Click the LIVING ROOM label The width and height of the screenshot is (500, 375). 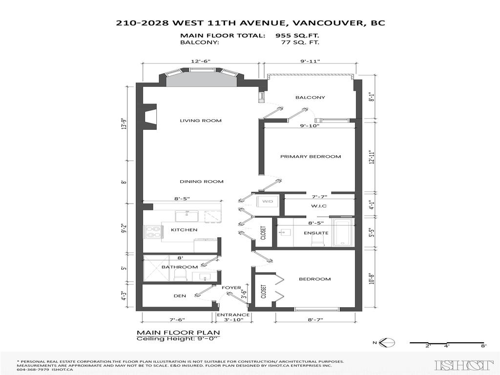pyautogui.click(x=200, y=121)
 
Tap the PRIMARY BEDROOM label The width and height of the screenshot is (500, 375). pyautogui.click(x=310, y=157)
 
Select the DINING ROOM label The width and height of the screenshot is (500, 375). pyautogui.click(x=201, y=182)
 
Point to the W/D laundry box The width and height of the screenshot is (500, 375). pyautogui.click(x=268, y=202)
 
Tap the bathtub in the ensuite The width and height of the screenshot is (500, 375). pyautogui.click(x=342, y=233)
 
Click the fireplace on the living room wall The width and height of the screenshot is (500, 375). pyautogui.click(x=149, y=117)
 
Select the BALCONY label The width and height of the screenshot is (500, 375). pyautogui.click(x=310, y=98)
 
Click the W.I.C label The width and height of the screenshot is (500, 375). pyautogui.click(x=318, y=206)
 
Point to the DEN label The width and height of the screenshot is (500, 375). pyautogui.click(x=180, y=296)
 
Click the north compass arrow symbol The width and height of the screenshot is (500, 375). pyautogui.click(x=386, y=343)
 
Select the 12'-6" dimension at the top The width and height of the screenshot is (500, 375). pyautogui.click(x=201, y=61)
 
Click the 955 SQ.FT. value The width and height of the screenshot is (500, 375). pyautogui.click(x=297, y=36)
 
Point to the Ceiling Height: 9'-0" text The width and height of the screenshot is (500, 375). pyautogui.click(x=178, y=339)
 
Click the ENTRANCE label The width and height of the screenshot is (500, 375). pyautogui.click(x=233, y=315)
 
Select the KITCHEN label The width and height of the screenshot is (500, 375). pyautogui.click(x=184, y=230)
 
